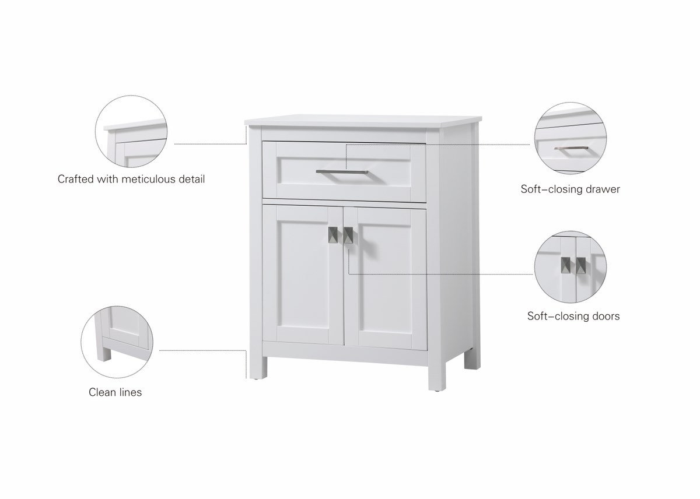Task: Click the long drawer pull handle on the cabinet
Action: click(x=342, y=172)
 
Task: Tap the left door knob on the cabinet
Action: click(x=333, y=235)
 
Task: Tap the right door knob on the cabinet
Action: click(x=348, y=235)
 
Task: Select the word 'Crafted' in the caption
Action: click(x=76, y=179)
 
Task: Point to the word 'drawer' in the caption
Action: click(x=603, y=189)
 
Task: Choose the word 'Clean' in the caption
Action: click(x=103, y=392)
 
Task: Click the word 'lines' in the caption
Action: click(x=131, y=392)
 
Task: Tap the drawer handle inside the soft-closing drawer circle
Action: click(x=571, y=148)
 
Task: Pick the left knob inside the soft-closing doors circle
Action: click(x=565, y=265)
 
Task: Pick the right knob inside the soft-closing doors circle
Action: click(x=581, y=265)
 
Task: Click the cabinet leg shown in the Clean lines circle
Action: click(x=104, y=352)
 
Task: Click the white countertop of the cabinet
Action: click(x=363, y=121)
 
